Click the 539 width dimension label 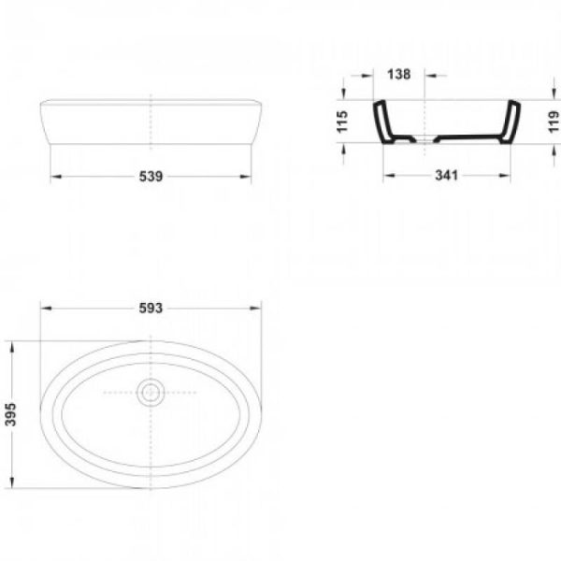point(151,176)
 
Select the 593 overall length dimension point(151,308)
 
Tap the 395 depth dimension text point(10,414)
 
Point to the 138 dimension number point(399,75)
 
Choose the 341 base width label point(447,176)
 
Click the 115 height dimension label point(342,122)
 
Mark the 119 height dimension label point(554,122)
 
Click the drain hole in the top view point(151,393)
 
